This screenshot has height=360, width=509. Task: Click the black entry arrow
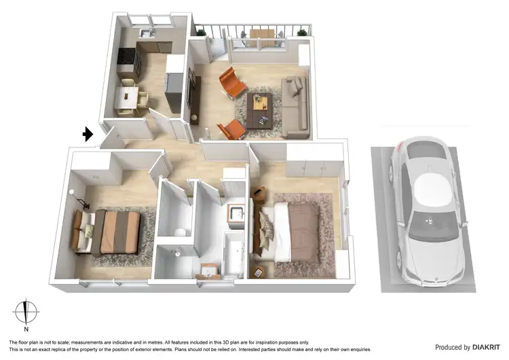click(x=88, y=134)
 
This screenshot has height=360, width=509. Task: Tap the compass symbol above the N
click(x=26, y=311)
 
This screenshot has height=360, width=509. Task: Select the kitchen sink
click(x=147, y=32)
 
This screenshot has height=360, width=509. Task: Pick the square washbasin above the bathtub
click(x=236, y=215)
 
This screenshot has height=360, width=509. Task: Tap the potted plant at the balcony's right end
click(x=302, y=32)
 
